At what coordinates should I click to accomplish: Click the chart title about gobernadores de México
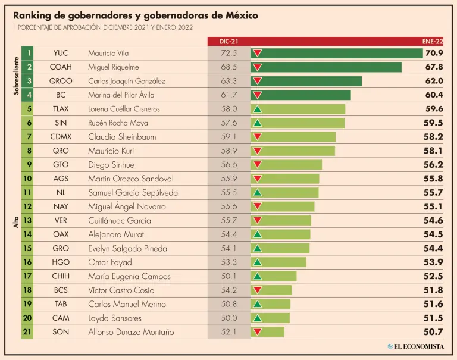(x=136, y=15)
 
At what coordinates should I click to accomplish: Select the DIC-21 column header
(x=228, y=41)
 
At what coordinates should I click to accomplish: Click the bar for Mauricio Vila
(x=336, y=53)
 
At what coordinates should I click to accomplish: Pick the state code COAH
(x=61, y=67)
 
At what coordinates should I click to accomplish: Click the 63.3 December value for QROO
(x=228, y=81)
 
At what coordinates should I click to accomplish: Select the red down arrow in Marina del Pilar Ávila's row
(x=258, y=95)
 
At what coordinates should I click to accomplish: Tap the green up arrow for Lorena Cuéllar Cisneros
(x=258, y=109)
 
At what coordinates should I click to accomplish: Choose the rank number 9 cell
(x=27, y=165)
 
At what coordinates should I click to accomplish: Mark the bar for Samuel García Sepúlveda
(x=284, y=193)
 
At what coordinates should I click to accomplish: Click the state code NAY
(x=61, y=206)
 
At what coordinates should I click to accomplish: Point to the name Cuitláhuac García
(x=115, y=220)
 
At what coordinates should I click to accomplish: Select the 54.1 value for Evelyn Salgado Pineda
(x=228, y=248)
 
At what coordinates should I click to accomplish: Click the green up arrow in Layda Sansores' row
(x=258, y=318)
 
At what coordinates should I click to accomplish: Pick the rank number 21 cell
(x=27, y=332)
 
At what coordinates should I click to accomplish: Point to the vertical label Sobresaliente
(x=16, y=74)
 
